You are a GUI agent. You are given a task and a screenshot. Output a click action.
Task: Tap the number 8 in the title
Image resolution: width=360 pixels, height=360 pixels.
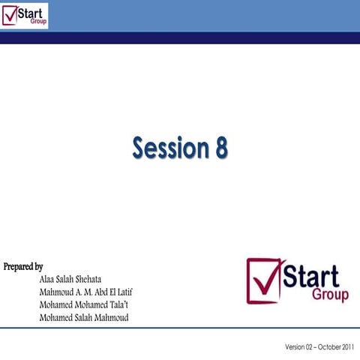[x=220, y=148]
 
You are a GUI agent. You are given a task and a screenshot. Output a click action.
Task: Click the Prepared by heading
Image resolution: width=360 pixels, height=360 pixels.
[x=23, y=266]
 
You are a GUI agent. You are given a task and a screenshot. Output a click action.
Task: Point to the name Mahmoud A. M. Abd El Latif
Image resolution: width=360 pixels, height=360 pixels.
[x=85, y=292]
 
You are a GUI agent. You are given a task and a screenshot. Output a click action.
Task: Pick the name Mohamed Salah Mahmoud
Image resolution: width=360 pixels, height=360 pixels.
[x=83, y=317]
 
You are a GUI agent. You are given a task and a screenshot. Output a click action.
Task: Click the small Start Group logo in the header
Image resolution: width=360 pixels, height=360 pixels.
[x=25, y=15]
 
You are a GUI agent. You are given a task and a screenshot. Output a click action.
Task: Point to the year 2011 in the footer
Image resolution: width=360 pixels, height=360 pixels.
[x=346, y=347]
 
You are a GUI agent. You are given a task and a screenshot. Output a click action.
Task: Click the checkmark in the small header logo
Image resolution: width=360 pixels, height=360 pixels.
[x=10, y=15]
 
